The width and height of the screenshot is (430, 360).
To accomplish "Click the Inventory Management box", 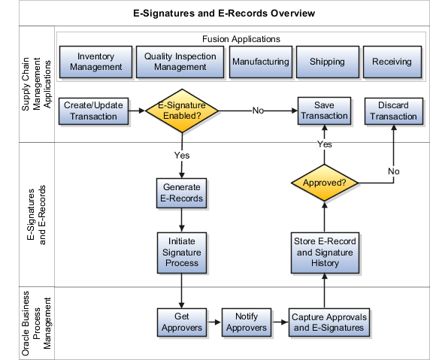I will tap(94, 62).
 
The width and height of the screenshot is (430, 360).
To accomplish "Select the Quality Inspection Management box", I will tap(180, 62).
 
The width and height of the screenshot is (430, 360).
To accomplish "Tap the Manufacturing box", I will tap(260, 62).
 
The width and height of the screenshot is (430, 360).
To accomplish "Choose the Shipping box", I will tap(326, 62).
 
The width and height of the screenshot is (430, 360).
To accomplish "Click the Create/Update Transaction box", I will tap(93, 111).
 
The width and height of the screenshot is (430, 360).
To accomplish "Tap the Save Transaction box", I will tap(326, 111).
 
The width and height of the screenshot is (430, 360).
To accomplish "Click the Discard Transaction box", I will tap(392, 111).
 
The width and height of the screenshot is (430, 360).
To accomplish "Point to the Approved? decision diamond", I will tap(324, 183).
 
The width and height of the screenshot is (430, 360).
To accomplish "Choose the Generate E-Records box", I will tap(181, 193).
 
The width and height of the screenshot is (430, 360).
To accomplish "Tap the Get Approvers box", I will tap(181, 322).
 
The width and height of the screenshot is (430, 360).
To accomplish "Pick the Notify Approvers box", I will tap(247, 322).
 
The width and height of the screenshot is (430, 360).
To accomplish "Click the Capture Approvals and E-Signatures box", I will tap(327, 322).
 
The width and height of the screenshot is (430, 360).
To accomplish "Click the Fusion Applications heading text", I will tap(241, 38).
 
